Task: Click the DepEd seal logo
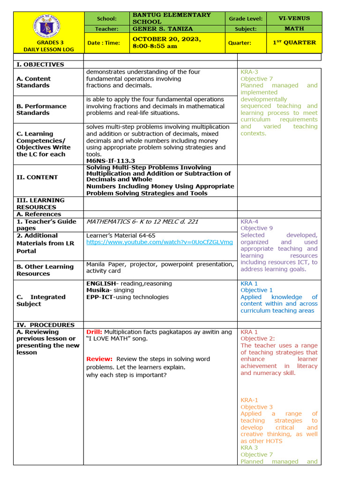pyautogui.click(x=48, y=25)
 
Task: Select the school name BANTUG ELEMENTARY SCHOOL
pyautogui.click(x=172, y=18)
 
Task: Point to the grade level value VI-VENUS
pyautogui.click(x=294, y=19)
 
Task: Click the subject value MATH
pyautogui.click(x=294, y=29)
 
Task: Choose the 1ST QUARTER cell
pyautogui.click(x=294, y=43)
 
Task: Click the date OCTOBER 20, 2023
pyautogui.click(x=167, y=39)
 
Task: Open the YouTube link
pyautogui.click(x=159, y=242)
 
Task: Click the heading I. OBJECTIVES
pyautogui.click(x=40, y=64)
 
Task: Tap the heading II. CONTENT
pyautogui.click(x=37, y=177)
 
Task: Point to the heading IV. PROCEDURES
pyautogui.click(x=45, y=325)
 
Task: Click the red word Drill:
pyautogui.click(x=94, y=332)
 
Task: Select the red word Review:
pyautogui.click(x=99, y=359)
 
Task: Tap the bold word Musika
pyautogui.click(x=97, y=290)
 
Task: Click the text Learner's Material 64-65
pyautogui.click(x=121, y=235)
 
